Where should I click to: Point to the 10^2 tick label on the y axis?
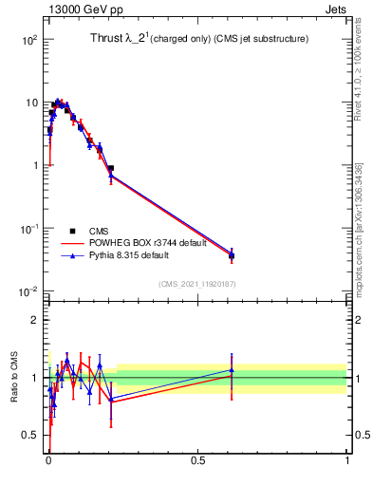[29, 40]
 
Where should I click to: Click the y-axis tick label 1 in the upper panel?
[34, 165]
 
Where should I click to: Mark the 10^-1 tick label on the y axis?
[29, 228]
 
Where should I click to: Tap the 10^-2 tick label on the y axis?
[29, 290]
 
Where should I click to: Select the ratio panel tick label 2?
[34, 320]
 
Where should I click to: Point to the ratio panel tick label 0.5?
[29, 436]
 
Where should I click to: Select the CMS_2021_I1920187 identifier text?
[196, 283]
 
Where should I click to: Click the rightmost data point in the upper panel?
[232, 255]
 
